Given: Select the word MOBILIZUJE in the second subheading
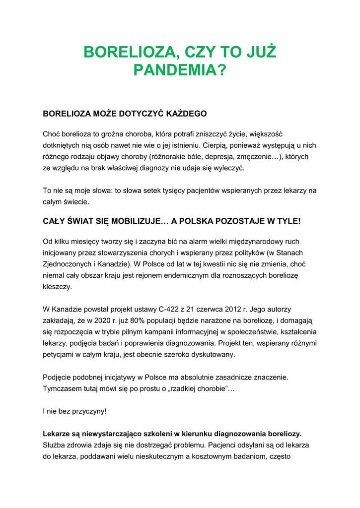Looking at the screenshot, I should (x=138, y=221).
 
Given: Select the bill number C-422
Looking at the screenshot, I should (x=166, y=309).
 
